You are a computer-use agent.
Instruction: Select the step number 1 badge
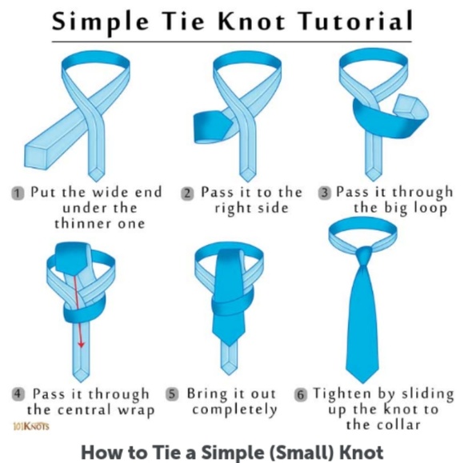(x=18, y=194)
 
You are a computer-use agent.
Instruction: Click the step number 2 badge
(x=187, y=194)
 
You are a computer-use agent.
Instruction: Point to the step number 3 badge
(x=325, y=193)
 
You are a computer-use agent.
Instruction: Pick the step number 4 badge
(x=18, y=394)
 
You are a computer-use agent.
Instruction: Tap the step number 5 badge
(x=172, y=394)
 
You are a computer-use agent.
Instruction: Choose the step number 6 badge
(x=301, y=395)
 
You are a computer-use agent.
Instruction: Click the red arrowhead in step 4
(x=81, y=345)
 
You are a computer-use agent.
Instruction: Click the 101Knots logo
(x=31, y=426)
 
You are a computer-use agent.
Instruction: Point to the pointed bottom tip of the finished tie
(x=362, y=383)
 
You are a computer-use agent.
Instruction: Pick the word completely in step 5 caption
(x=235, y=410)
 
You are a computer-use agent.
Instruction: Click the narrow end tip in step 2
(x=247, y=181)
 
